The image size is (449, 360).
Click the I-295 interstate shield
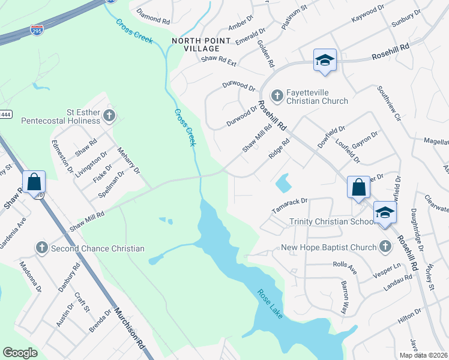click(x=37, y=29)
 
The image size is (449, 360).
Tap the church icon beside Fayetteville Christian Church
click(x=277, y=95)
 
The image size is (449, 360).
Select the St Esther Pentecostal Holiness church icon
click(x=109, y=115)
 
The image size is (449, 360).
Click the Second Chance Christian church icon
click(x=42, y=247)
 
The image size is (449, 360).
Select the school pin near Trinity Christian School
click(x=385, y=212)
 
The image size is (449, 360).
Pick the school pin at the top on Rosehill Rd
click(x=325, y=61)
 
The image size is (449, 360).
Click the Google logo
click(x=20, y=353)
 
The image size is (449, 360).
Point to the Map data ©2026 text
click(x=423, y=355)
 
